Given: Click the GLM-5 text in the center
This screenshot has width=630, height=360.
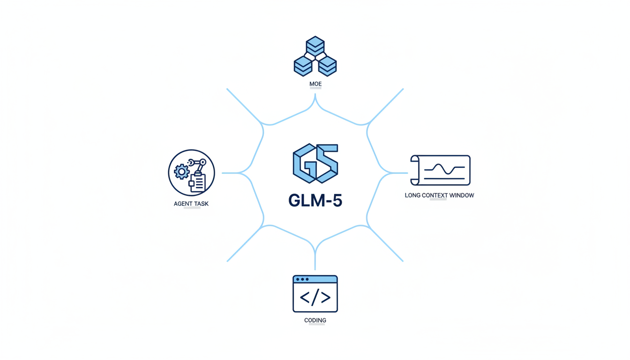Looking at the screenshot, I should pos(315,200).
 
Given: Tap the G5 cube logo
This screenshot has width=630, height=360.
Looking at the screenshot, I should pos(315,163).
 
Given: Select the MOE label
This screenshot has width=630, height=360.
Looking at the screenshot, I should pos(315,84).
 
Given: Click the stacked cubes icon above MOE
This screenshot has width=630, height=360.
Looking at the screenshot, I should pos(315,57).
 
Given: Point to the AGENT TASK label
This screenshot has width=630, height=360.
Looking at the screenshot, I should pos(191,204).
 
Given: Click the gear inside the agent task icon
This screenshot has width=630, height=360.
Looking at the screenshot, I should pos(181,172).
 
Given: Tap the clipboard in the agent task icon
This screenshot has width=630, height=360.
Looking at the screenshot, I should pos(197,182).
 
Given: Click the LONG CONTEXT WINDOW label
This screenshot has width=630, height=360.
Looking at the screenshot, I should pos(439,195).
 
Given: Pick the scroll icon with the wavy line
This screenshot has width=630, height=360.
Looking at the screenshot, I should pos(440,170).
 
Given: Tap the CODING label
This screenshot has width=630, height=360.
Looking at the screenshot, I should pos(315,321).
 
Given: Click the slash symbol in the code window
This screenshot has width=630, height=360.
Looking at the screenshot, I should pos(315,297).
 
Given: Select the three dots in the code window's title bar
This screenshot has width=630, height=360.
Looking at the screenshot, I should pos(302,279).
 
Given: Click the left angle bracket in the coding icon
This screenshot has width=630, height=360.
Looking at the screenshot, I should pos(305,297).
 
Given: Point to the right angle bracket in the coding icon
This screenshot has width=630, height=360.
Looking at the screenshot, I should pos(326,297).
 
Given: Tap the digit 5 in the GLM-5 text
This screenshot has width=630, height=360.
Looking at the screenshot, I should pos(336,200).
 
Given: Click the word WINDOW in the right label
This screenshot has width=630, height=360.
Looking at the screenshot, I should pos(461,195).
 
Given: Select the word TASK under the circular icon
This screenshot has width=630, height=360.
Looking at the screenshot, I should pos(201,204).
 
